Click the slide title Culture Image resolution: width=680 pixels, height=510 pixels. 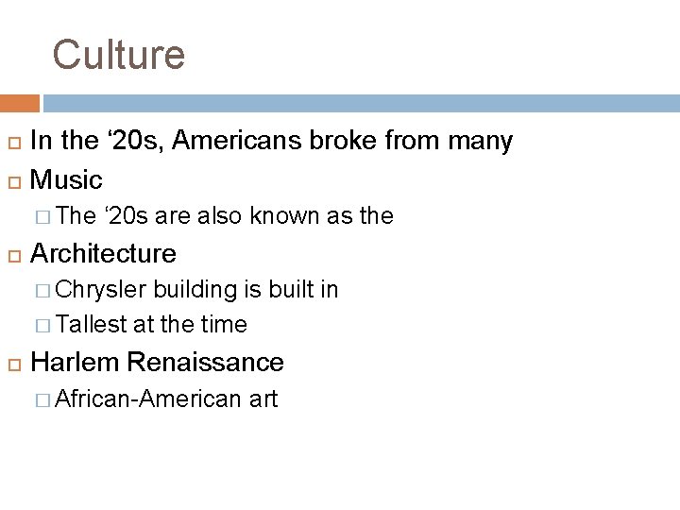118,55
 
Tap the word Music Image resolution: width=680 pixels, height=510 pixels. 66,179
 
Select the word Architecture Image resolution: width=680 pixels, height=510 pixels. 103,253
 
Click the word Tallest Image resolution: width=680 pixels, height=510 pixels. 92,325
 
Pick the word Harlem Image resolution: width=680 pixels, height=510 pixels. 76,362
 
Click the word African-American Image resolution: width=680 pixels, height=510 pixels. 149,399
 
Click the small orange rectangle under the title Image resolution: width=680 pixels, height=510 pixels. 20,103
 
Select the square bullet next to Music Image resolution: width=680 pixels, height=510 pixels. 13,180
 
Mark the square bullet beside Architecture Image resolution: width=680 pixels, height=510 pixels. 13,254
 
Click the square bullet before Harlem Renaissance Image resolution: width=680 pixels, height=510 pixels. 13,363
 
